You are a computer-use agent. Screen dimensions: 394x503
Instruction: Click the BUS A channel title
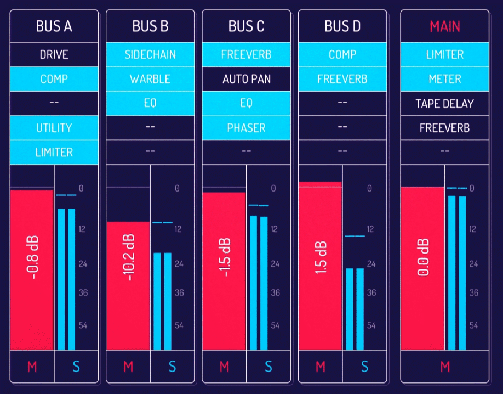54,26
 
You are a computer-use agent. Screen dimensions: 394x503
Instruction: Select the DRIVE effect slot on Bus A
54,55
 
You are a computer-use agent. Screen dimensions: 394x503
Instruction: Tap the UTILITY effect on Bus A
54,128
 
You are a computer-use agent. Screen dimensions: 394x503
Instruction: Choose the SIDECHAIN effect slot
150,55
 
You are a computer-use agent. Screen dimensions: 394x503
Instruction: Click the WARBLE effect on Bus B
150,79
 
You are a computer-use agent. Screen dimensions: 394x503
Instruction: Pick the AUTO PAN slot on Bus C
247,79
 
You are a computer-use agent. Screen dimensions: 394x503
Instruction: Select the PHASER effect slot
247,128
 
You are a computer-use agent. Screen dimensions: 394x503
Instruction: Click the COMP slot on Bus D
342,55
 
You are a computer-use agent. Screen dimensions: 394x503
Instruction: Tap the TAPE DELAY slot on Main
444,104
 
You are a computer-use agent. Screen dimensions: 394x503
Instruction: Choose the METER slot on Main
444,79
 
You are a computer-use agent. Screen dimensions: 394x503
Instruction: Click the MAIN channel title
444,26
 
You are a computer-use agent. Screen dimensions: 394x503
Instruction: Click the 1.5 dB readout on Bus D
321,258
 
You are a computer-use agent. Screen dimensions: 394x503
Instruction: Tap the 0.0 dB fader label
423,257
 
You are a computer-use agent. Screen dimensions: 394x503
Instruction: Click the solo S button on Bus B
172,367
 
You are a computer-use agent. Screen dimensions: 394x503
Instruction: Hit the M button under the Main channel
444,367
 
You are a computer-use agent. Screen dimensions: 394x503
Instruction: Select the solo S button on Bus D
364,367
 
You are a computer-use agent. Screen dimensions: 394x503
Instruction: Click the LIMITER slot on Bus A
54,152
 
